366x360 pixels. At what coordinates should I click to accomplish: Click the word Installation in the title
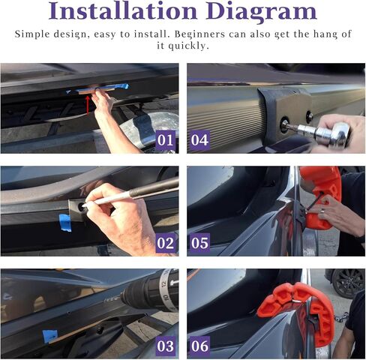pos(123,11)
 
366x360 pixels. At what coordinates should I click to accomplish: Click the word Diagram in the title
pos(262,13)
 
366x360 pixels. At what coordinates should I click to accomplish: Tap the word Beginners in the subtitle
pos(199,34)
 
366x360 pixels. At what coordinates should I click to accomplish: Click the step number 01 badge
pos(165,140)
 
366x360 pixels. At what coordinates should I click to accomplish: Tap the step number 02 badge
pos(165,243)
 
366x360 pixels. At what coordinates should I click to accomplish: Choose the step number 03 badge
pos(165,346)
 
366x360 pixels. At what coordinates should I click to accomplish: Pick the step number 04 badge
pos(199,140)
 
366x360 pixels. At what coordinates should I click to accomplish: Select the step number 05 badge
pos(199,243)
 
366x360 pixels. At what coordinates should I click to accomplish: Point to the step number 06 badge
pos(199,346)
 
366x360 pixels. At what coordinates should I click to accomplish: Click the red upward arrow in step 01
pos(88,105)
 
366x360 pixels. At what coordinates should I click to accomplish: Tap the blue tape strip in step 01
pos(100,88)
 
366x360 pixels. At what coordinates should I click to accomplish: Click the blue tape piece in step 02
pos(65,223)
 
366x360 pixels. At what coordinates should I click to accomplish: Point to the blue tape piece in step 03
pos(49,336)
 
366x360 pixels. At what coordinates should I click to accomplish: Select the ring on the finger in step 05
pos(322,211)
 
